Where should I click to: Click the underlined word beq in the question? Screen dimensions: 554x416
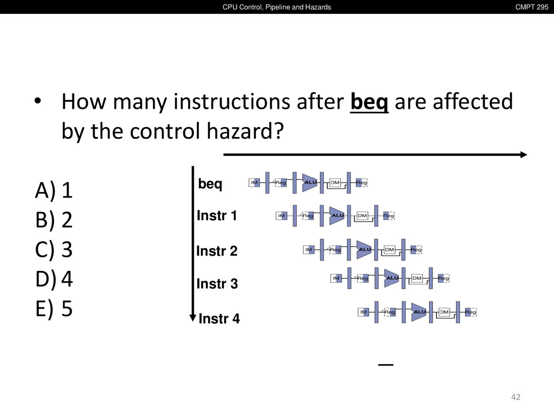pyautogui.click(x=369, y=102)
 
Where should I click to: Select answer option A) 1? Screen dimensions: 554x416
pyautogui.click(x=54, y=190)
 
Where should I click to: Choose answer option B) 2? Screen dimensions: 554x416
pyautogui.click(x=54, y=220)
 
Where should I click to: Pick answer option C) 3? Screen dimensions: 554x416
pyautogui.click(x=54, y=249)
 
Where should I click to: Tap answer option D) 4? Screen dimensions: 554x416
pyautogui.click(x=54, y=279)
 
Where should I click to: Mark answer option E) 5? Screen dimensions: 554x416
pyautogui.click(x=54, y=309)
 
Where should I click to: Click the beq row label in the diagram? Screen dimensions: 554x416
pyautogui.click(x=210, y=184)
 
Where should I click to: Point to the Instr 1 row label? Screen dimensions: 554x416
pyautogui.click(x=217, y=215)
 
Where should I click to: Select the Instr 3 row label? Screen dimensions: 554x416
pyautogui.click(x=217, y=283)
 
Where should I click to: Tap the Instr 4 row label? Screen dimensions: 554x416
pyautogui.click(x=219, y=318)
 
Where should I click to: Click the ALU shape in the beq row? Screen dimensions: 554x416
pyautogui.click(x=309, y=182)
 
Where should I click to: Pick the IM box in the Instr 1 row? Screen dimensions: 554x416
pyautogui.click(x=281, y=216)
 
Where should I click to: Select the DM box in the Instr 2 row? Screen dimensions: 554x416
pyautogui.click(x=390, y=250)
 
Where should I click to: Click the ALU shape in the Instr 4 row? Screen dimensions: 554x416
pyautogui.click(x=419, y=312)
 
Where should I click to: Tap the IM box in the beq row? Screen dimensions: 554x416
pyautogui.click(x=254, y=182)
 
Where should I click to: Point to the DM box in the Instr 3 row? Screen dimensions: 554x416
pyautogui.click(x=417, y=278)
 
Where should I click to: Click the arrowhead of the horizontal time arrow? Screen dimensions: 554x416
pyautogui.click(x=524, y=155)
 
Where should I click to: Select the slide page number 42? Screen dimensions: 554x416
pyautogui.click(x=515, y=397)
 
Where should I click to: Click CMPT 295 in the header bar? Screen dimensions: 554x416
pyautogui.click(x=531, y=7)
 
